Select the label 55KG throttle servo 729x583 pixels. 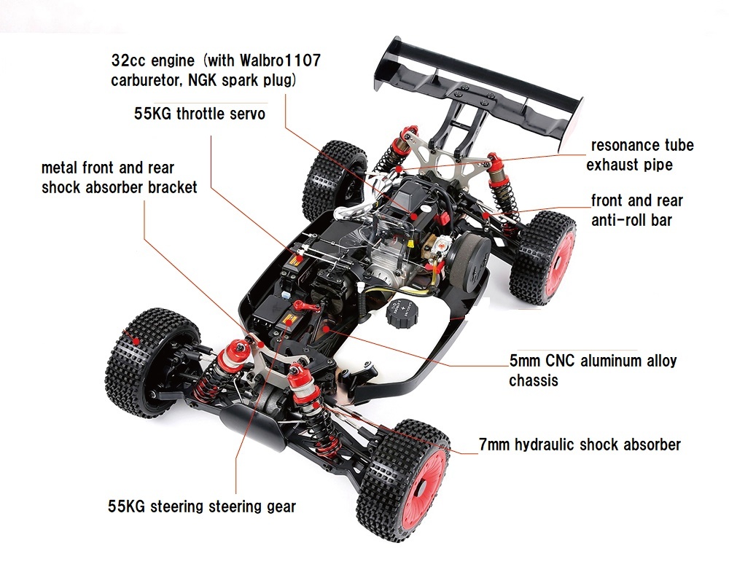click(x=199, y=114)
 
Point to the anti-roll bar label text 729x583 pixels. click(x=636, y=210)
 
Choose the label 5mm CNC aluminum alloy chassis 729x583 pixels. click(x=592, y=370)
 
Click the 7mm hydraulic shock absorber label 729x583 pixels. click(x=580, y=445)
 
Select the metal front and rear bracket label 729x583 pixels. click(x=119, y=178)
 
